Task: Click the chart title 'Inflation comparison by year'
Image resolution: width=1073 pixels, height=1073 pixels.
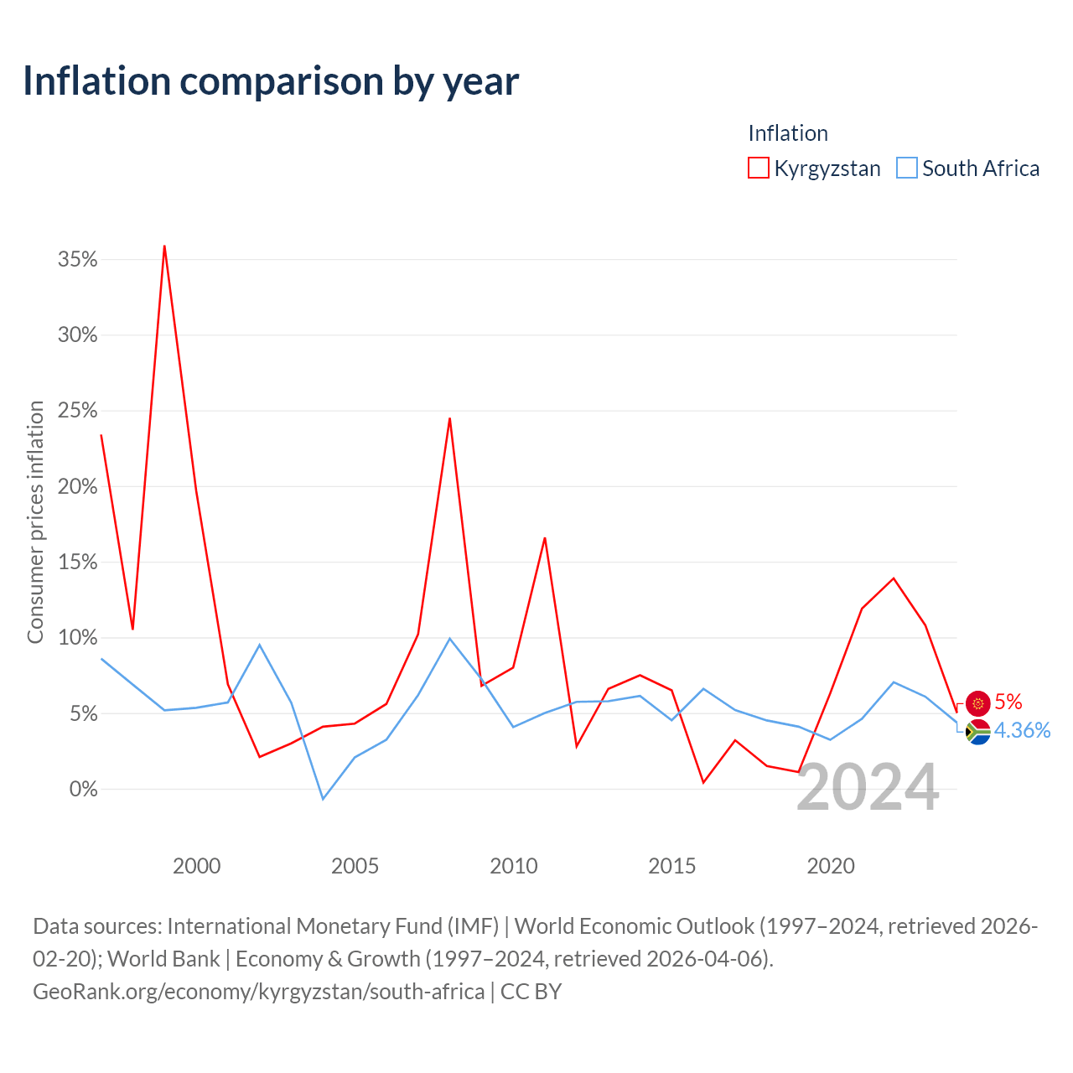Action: pyautogui.click(x=271, y=82)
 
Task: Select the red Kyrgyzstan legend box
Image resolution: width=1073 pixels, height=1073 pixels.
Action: pyautogui.click(x=758, y=168)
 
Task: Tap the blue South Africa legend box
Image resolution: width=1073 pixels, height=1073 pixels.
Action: pyautogui.click(x=906, y=168)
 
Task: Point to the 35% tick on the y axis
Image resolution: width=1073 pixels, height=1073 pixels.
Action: pyautogui.click(x=77, y=260)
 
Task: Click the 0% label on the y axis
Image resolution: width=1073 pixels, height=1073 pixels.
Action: pyautogui.click(x=84, y=789)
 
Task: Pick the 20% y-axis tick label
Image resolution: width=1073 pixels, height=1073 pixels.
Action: pyautogui.click(x=77, y=487)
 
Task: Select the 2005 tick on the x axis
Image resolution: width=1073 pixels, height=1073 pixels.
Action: pyautogui.click(x=355, y=866)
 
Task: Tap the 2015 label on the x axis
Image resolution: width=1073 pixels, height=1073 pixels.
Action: pyautogui.click(x=671, y=866)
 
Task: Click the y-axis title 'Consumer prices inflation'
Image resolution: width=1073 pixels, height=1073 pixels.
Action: pyautogui.click(x=36, y=522)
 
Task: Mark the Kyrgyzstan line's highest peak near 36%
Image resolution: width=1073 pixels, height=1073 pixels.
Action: pyautogui.click(x=164, y=246)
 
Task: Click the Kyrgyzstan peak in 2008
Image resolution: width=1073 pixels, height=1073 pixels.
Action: pyautogui.click(x=449, y=419)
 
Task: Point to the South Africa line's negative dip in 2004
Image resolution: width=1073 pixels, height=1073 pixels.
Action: pyautogui.click(x=323, y=799)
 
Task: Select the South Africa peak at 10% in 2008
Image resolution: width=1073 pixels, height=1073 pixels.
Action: pyautogui.click(x=449, y=638)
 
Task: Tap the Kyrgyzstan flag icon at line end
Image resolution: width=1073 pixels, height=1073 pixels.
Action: pyautogui.click(x=977, y=703)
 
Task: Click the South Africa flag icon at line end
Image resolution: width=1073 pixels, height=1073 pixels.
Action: pyautogui.click(x=977, y=732)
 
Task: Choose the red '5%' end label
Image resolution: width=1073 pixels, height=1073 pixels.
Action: pyautogui.click(x=1008, y=702)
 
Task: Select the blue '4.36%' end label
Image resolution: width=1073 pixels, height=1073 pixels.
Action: pyautogui.click(x=1023, y=730)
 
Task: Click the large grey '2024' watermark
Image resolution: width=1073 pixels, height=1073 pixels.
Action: pyautogui.click(x=868, y=787)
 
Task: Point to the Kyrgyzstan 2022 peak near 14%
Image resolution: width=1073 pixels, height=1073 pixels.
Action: pyautogui.click(x=894, y=578)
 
